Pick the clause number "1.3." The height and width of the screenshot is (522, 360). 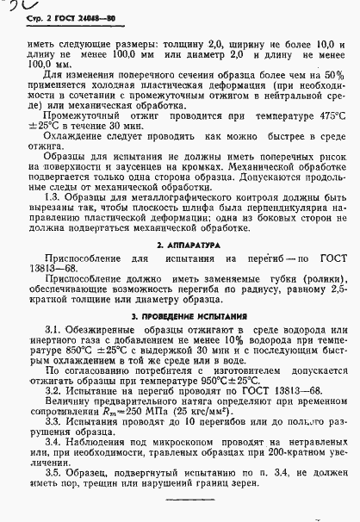53,197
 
